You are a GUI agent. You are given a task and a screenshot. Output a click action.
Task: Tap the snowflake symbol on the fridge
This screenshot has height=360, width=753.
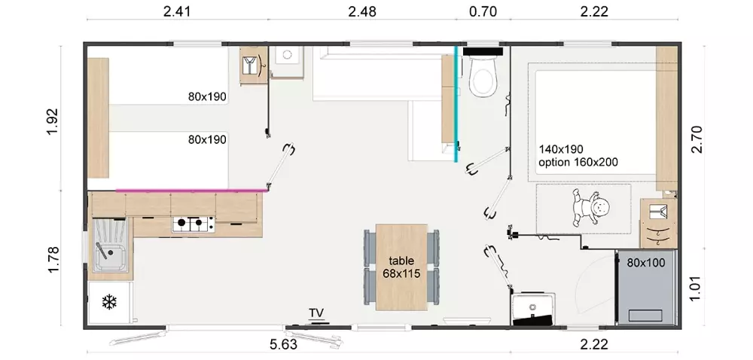[x=109, y=302]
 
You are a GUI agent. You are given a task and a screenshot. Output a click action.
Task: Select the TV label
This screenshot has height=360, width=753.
[x=316, y=313]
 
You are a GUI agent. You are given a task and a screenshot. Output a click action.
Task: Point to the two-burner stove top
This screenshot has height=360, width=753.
[x=194, y=223]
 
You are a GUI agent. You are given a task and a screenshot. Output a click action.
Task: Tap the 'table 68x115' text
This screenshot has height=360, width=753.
[x=401, y=267]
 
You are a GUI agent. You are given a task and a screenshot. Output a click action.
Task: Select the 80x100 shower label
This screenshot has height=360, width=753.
[x=645, y=263]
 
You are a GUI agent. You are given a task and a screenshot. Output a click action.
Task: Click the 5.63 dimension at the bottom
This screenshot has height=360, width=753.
[x=284, y=344]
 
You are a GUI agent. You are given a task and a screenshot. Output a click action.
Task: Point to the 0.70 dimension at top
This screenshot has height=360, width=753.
[x=483, y=11]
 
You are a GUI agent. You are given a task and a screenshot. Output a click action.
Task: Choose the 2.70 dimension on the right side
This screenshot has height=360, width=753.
[x=697, y=139]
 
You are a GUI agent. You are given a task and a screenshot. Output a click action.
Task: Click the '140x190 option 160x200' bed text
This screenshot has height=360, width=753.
[x=578, y=155]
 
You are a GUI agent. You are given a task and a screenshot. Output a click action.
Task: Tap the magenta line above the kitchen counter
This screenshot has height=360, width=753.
[x=191, y=191]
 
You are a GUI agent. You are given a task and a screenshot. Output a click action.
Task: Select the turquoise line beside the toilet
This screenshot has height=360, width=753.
[x=456, y=104]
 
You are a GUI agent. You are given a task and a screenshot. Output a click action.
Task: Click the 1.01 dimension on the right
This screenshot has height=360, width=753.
[x=697, y=288]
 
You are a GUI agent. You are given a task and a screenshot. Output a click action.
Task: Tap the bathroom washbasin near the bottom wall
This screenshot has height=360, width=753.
[x=533, y=307]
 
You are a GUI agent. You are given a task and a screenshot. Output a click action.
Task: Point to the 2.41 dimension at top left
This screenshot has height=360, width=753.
[x=177, y=11]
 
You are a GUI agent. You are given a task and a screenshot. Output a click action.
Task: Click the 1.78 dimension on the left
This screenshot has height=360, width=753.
[x=53, y=260]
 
